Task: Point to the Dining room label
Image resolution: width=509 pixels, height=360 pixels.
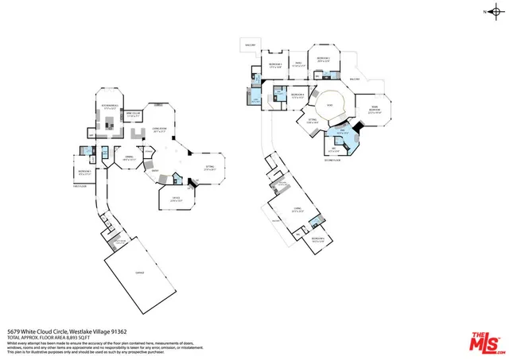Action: [x=128, y=157]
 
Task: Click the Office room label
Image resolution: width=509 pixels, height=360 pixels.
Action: [x=176, y=198]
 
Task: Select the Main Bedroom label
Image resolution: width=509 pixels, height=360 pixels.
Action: [x=373, y=110]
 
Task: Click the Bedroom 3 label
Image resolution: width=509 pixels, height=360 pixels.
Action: [x=323, y=59]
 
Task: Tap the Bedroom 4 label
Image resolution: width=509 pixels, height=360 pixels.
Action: [x=297, y=95]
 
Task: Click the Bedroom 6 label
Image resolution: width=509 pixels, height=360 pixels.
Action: [x=319, y=238]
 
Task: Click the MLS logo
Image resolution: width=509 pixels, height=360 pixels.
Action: [x=484, y=340]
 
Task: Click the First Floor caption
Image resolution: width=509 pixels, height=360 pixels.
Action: [x=79, y=188]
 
